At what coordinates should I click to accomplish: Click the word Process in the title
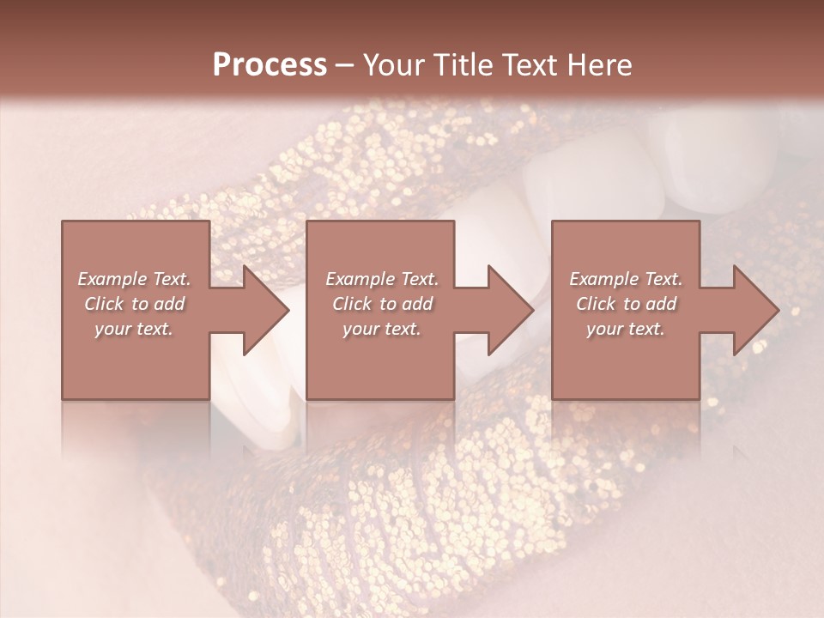[x=270, y=64]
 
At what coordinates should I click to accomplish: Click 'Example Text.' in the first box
[x=134, y=279]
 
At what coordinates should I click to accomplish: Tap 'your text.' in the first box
[x=134, y=329]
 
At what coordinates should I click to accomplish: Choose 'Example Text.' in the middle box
[x=382, y=279]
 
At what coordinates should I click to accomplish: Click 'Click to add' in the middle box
[x=382, y=304]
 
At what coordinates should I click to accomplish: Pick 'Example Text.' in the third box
[x=626, y=279]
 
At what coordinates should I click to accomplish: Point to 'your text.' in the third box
[x=626, y=329]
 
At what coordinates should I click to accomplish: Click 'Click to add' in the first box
[x=134, y=304]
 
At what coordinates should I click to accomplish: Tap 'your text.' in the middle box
[x=382, y=329]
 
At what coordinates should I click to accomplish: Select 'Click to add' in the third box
[x=626, y=304]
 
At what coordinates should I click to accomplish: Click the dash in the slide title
[x=345, y=66]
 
